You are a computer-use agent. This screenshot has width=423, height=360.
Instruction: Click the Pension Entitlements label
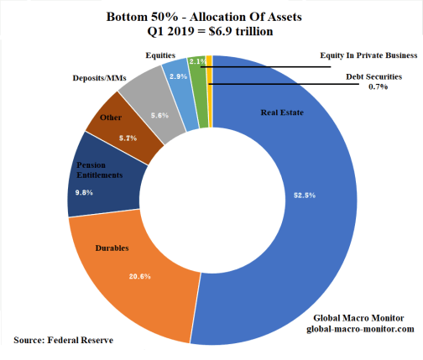[101, 170]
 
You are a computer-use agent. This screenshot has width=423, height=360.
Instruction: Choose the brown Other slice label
[110, 117]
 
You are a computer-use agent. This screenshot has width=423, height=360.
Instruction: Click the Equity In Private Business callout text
[368, 55]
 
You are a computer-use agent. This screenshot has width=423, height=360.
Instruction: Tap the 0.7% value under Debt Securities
[381, 86]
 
